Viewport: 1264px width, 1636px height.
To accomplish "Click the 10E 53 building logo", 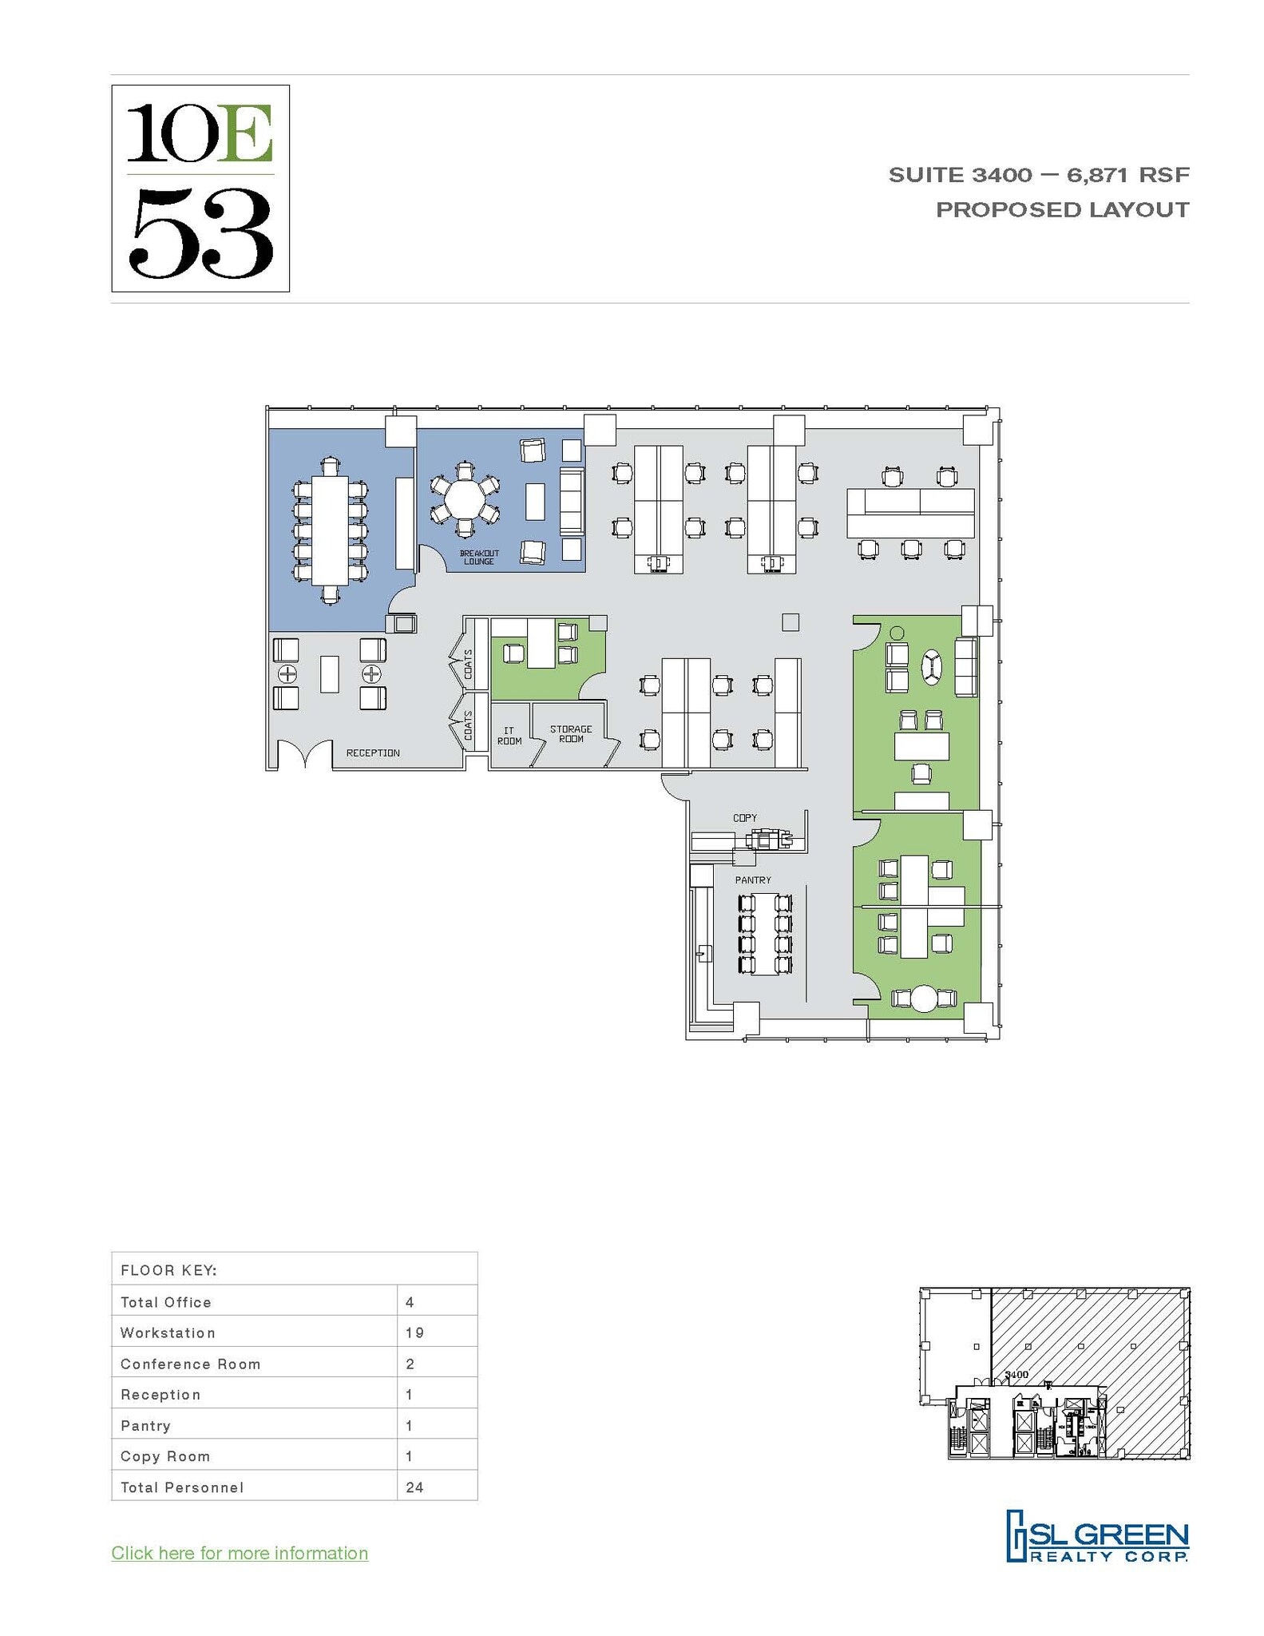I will pos(200,189).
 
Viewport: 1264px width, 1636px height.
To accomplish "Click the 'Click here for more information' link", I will pos(240,1553).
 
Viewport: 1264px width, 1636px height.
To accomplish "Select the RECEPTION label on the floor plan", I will pos(373,753).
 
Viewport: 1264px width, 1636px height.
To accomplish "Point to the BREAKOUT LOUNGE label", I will pos(479,558).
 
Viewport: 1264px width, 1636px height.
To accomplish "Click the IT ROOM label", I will pos(509,736).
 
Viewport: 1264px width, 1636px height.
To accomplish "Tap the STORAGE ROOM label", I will pos(571,734).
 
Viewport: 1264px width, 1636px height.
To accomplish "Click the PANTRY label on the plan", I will pos(753,880).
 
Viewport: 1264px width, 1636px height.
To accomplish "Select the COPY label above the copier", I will pos(744,818).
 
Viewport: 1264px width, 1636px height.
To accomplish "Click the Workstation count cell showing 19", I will pos(414,1332).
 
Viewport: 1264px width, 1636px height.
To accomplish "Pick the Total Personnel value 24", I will pos(414,1487).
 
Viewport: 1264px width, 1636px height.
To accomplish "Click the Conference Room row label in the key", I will pos(190,1364).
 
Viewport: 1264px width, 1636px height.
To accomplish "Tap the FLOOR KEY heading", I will pos(168,1270).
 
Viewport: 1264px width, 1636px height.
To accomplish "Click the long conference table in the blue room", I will pos(330,530).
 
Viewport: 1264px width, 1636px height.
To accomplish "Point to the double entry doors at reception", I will pos(305,755).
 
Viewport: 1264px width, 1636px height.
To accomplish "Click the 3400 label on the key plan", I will pos(1016,1375).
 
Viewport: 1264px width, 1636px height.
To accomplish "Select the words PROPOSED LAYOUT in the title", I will pos(1062,210).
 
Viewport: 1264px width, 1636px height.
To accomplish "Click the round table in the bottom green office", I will pos(923,999).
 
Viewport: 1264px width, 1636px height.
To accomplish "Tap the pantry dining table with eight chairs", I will pos(764,933).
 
